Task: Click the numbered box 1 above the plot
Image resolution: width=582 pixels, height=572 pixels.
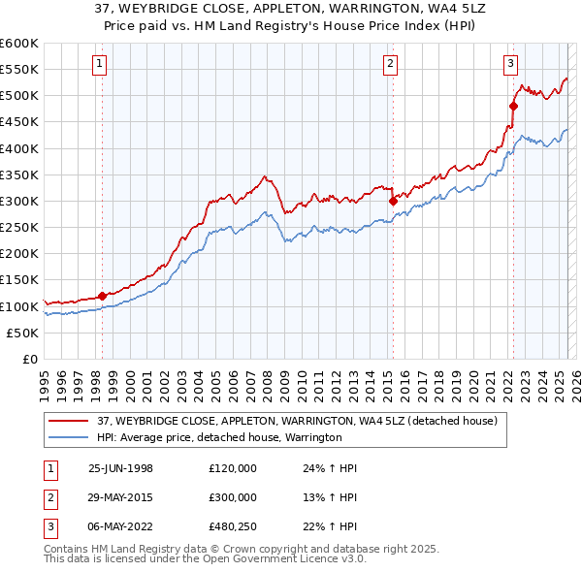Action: (x=102, y=65)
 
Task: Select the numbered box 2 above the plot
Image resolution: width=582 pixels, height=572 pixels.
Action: (x=390, y=65)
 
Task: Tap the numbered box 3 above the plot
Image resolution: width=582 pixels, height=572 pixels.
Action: (x=510, y=65)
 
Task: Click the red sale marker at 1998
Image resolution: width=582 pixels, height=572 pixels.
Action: (x=102, y=296)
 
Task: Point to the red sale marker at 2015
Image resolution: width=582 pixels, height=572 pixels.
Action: (x=393, y=202)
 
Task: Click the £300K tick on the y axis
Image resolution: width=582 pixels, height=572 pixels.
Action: (x=19, y=202)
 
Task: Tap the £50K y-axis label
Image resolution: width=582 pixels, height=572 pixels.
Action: (x=23, y=333)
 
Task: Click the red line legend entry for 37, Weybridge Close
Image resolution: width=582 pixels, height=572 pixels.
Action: (x=297, y=421)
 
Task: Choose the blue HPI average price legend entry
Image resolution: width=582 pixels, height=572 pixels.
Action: (x=218, y=437)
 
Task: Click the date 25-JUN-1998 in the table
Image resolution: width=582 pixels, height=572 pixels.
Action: (x=120, y=468)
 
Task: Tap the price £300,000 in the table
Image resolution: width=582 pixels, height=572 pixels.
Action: (x=233, y=497)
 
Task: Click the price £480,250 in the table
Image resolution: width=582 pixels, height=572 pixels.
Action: (x=233, y=526)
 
